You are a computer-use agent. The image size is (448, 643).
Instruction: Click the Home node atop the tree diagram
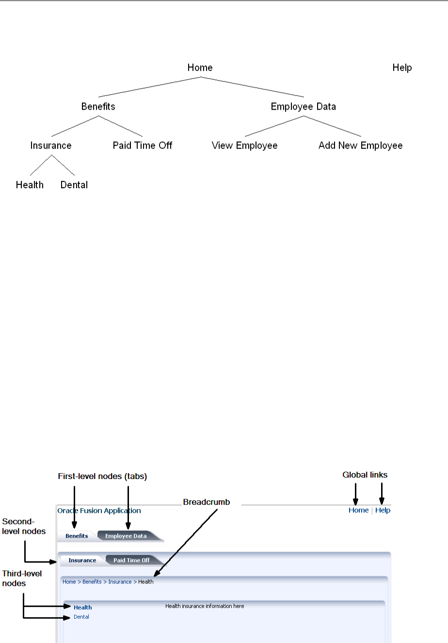click(200, 67)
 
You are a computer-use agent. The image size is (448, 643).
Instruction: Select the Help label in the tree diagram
click(402, 67)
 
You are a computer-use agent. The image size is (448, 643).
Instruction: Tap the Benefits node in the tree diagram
click(98, 106)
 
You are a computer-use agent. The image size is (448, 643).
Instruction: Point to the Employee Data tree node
click(303, 106)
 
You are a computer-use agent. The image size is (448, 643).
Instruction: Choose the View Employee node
click(244, 146)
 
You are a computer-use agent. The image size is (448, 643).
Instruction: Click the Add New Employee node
click(360, 146)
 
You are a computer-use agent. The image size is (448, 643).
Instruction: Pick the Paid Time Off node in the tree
click(143, 146)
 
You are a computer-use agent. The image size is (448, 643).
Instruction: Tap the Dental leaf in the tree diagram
click(74, 185)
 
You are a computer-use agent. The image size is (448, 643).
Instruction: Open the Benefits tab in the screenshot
click(77, 536)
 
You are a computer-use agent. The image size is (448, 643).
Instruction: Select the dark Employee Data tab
click(126, 536)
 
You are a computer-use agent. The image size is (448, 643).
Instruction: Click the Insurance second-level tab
click(82, 561)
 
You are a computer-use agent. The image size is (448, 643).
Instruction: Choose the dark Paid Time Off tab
click(131, 561)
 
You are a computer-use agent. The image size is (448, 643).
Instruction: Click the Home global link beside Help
click(358, 511)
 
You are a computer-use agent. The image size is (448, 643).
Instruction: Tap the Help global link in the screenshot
click(383, 511)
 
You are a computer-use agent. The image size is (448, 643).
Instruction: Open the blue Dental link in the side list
click(81, 617)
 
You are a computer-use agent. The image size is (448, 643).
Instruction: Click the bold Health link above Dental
click(83, 608)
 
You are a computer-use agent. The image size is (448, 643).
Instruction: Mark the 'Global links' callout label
click(365, 475)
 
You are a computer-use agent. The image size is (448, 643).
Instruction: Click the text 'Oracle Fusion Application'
click(99, 511)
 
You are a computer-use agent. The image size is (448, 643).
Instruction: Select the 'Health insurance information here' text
click(205, 606)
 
